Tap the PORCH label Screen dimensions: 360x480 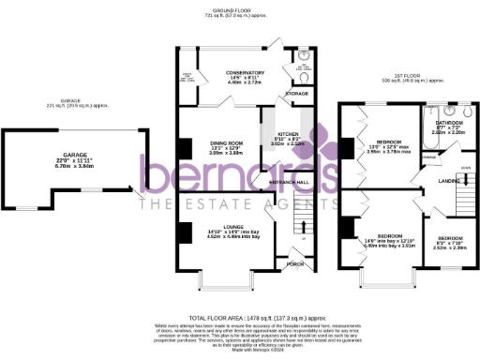(294, 263)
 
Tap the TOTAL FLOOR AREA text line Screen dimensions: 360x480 (239, 319)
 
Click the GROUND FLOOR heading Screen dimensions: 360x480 (239, 13)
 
